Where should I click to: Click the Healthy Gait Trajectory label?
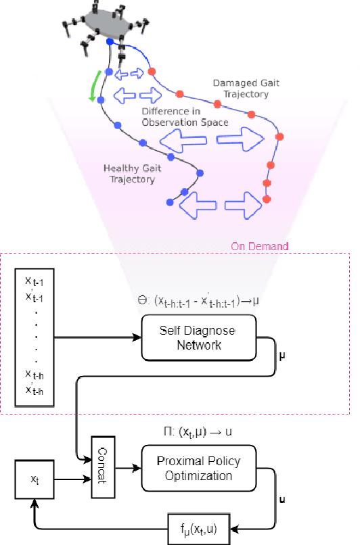point(129,174)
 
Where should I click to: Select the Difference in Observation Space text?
point(185,117)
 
